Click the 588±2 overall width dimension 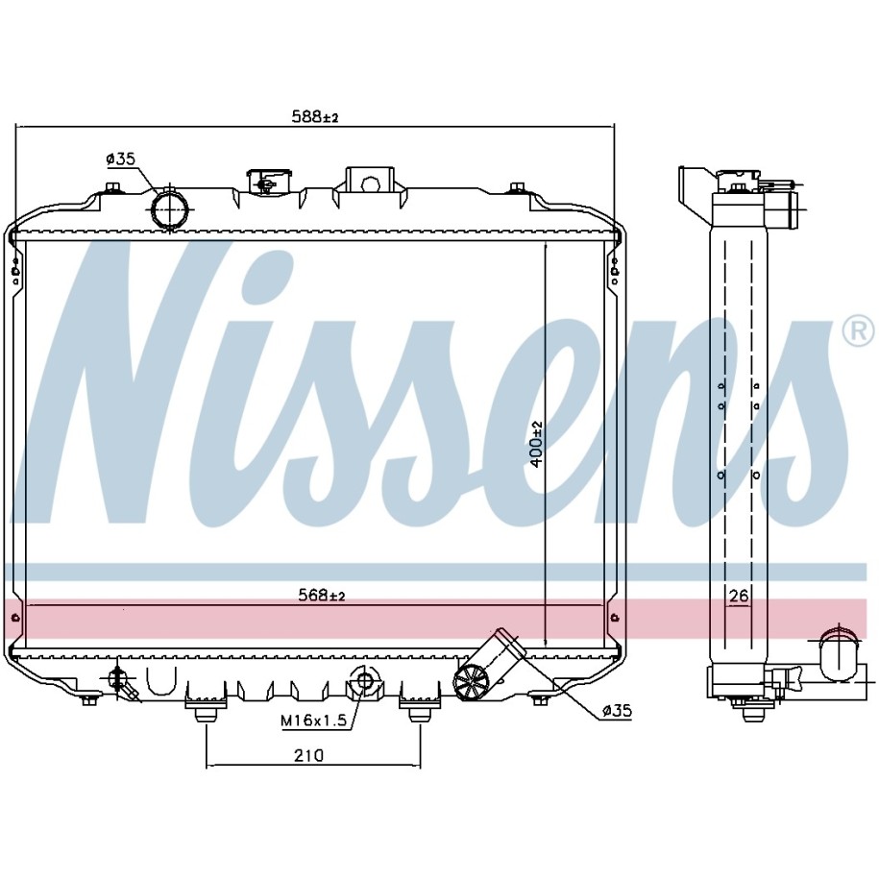[315, 116]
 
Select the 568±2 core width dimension [321, 595]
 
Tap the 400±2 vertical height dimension [536, 444]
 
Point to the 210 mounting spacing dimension [309, 756]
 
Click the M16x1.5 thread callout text [314, 720]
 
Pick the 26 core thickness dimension [739, 596]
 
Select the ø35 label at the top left [120, 159]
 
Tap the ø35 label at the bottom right [617, 712]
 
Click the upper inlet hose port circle [170, 209]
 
